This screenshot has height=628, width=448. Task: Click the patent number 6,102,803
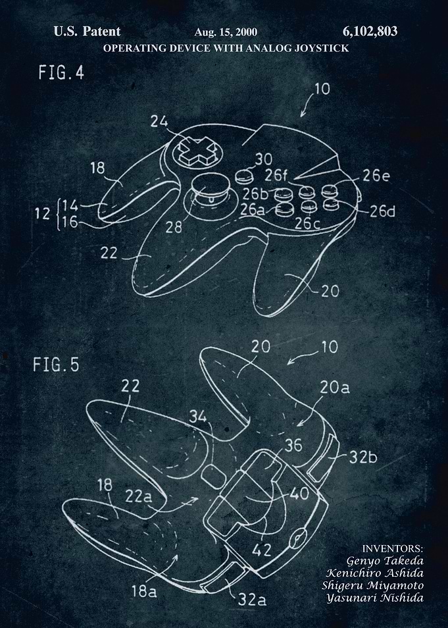370,31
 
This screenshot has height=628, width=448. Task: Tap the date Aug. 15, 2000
226,32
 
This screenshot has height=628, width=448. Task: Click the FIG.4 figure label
61,72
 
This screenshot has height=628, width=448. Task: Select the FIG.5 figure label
56,365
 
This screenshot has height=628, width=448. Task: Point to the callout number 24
159,121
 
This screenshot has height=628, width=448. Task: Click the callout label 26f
276,174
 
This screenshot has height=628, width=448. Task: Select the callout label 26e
376,175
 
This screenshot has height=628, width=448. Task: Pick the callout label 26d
382,211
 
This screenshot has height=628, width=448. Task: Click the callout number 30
263,159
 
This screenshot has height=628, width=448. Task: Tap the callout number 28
174,227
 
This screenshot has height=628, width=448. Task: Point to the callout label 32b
362,457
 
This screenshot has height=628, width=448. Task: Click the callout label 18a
144,591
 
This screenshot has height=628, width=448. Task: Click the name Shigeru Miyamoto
373,585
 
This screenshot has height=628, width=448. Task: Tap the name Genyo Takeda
385,561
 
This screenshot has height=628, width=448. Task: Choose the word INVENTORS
392,548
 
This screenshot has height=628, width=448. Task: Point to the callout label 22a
139,496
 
